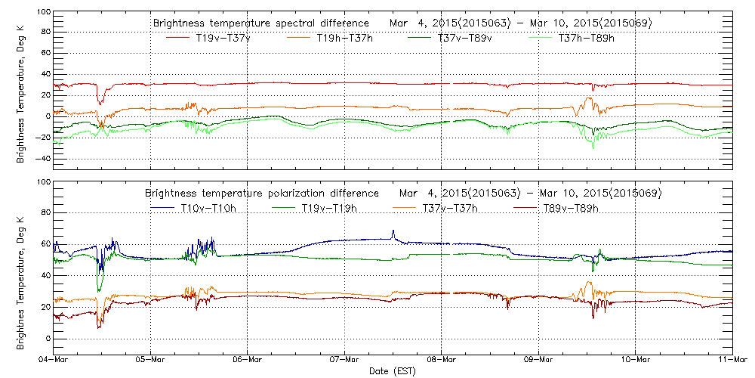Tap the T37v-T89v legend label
tap(466, 38)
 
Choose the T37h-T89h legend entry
tap(587, 38)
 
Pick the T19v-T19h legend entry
tap(329, 207)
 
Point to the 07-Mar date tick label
tap(344, 360)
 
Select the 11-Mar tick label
tap(732, 360)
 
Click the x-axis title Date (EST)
tap(392, 371)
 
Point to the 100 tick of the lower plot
tap(42, 182)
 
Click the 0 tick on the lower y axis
tap(47, 338)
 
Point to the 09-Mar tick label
tap(538, 360)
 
